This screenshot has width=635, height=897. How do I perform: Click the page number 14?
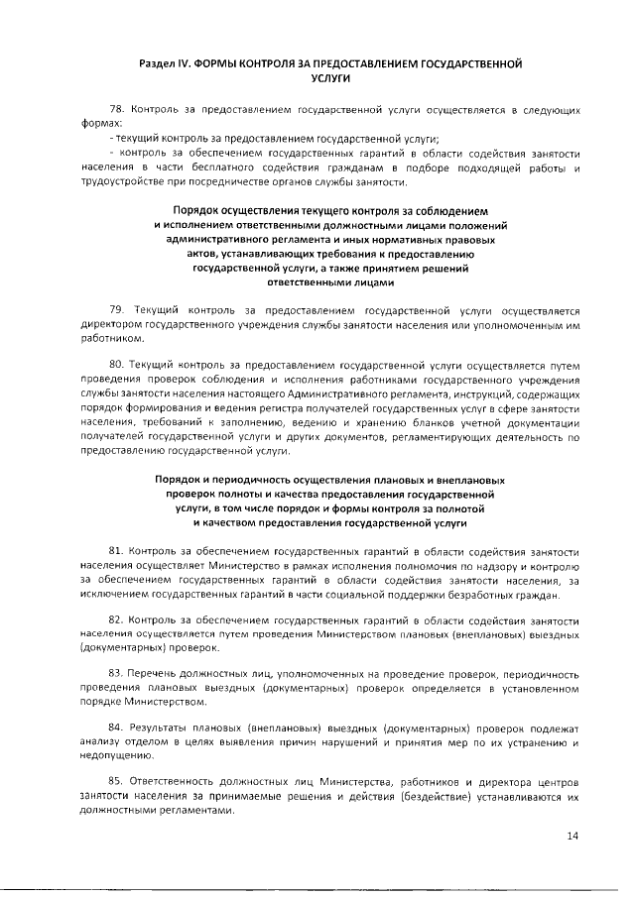(572, 836)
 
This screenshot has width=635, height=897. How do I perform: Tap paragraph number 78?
(117, 110)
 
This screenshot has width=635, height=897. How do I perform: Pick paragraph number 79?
(117, 309)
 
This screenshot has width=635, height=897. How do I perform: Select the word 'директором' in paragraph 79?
(112, 324)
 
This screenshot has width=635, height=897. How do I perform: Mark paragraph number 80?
(117, 366)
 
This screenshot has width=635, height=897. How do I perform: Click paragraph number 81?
(117, 550)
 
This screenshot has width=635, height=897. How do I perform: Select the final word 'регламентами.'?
(196, 813)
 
